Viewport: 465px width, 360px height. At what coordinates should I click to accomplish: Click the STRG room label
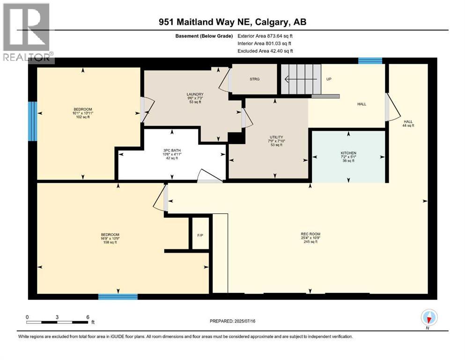tap(253, 79)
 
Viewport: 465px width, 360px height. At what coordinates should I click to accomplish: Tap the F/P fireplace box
tap(200, 234)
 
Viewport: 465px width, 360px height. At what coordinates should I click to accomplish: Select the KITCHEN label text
tap(348, 153)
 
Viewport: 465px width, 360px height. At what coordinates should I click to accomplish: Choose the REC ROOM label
tap(311, 234)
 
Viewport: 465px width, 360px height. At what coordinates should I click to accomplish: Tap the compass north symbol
tap(429, 318)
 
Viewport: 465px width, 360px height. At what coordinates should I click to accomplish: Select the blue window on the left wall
tap(32, 121)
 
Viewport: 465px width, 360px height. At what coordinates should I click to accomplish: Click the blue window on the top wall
tap(370, 60)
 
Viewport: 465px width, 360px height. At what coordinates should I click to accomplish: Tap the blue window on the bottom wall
tap(118, 296)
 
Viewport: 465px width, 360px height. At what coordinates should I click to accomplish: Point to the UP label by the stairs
tap(329, 79)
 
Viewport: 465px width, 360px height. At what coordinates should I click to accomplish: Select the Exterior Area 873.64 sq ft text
tap(266, 36)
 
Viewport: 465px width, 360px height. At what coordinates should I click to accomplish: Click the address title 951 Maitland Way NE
tap(232, 22)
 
